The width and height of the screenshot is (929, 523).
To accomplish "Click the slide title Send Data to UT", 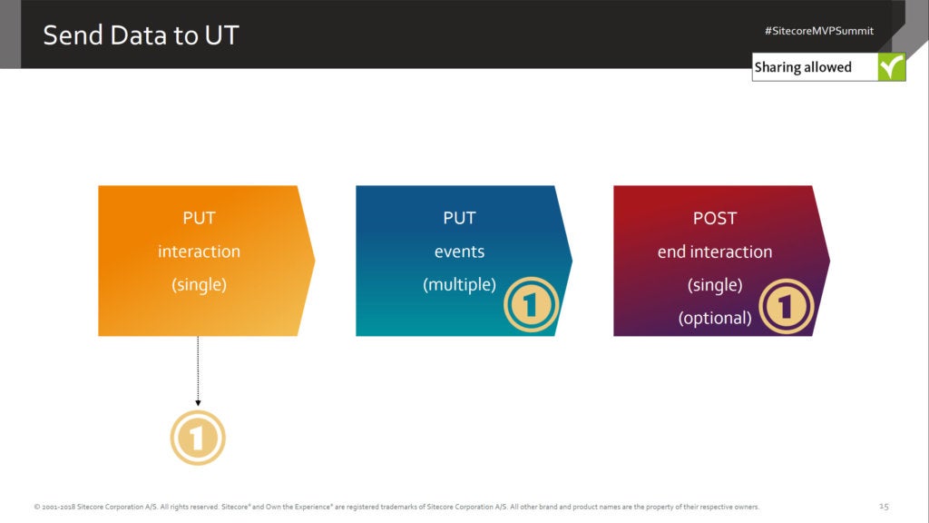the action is pos(141,35).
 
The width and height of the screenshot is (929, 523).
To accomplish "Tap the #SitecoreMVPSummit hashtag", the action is pos(819,31).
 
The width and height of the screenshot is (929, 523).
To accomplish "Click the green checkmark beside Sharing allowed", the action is pos(891,67).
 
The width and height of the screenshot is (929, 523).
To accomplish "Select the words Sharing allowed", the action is pos(803,67).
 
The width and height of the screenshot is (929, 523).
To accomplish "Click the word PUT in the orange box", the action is pos(199,218).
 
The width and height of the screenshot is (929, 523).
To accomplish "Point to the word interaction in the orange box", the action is pos(199,252).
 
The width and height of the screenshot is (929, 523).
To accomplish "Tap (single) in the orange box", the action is pos(199,284).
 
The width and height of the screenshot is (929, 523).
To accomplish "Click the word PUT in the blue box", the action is pos(459,218).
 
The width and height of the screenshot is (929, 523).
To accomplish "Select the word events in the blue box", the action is pos(459,252).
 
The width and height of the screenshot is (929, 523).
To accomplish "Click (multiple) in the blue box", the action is pos(459,284).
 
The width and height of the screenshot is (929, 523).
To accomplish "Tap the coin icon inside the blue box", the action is pos(531,305).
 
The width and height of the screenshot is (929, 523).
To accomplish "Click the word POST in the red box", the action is pos(715,218).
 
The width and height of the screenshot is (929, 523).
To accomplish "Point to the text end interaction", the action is pos(715,252).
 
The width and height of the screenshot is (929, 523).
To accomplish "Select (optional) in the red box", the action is pos(715,319).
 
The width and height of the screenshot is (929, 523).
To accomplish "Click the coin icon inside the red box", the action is pos(787,307).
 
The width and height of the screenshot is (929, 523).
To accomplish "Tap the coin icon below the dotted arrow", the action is pos(198,438).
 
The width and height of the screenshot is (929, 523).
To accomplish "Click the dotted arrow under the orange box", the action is pos(198,371).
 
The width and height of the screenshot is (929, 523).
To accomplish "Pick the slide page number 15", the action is pos(884,507).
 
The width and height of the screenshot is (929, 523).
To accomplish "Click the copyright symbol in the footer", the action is pos(36,507).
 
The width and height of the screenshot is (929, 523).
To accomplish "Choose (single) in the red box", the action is pos(715,285).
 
